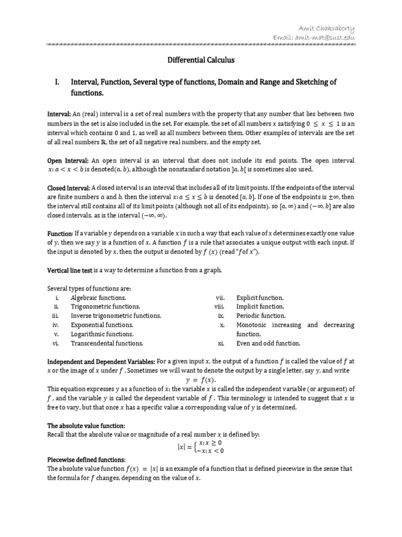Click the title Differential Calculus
click(201, 60)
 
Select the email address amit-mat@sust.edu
click(314, 37)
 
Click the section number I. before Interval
click(58, 82)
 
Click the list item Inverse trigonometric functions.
click(116, 316)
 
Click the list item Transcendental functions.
click(107, 343)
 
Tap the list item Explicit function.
click(260, 297)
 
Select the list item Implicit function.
click(260, 306)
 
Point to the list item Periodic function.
click(261, 316)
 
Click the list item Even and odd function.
click(268, 343)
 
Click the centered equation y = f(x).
click(200, 380)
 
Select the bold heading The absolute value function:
click(86, 425)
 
